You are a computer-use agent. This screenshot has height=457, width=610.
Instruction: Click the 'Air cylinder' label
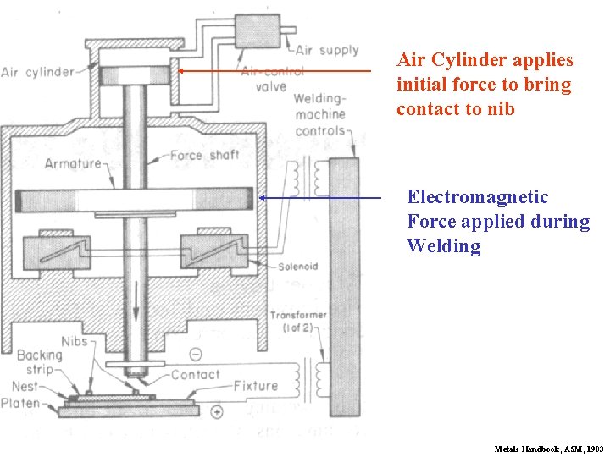pos(38,72)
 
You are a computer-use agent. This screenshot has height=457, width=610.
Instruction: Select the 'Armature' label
pos(73,163)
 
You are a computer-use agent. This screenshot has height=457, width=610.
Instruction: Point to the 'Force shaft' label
pos(204,156)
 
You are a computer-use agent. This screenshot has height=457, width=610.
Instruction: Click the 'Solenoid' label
pos(297,267)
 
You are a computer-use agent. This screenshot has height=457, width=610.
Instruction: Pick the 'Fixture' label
pos(255,386)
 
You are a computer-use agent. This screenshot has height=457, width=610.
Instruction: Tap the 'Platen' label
pos(21,404)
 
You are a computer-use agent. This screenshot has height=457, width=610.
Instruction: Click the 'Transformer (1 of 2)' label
pos(298,321)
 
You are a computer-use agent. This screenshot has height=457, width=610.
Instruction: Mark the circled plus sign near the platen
pos(218,412)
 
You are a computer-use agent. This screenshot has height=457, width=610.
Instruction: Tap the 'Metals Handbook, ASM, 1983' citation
pos(549,449)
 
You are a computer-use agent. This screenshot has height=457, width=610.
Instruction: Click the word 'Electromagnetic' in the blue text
pos(478,197)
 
